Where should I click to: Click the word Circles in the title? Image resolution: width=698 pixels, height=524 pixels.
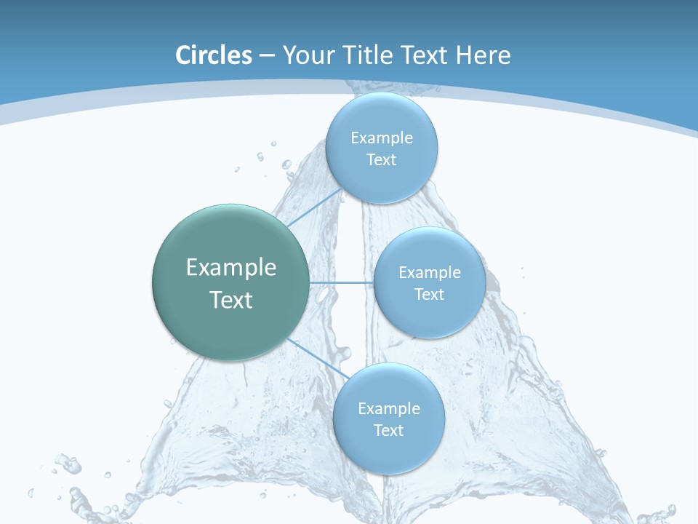(x=214, y=55)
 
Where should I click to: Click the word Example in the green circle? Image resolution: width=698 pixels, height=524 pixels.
(x=231, y=268)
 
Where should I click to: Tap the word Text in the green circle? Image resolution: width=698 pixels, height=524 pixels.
(x=231, y=300)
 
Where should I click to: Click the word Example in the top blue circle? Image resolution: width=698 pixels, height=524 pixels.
(x=382, y=138)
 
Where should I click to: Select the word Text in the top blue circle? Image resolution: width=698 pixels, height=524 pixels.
(x=382, y=160)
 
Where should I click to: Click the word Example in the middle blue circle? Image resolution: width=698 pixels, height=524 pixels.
(x=430, y=273)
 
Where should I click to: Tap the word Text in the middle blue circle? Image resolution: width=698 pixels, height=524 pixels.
(x=430, y=295)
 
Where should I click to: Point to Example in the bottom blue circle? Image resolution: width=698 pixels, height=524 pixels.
(x=389, y=409)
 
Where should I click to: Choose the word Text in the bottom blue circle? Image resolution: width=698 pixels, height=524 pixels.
(x=389, y=431)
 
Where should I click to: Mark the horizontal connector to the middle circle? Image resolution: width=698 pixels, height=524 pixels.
(x=340, y=282)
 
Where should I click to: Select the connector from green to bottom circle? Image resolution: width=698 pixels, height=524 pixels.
(x=315, y=357)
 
